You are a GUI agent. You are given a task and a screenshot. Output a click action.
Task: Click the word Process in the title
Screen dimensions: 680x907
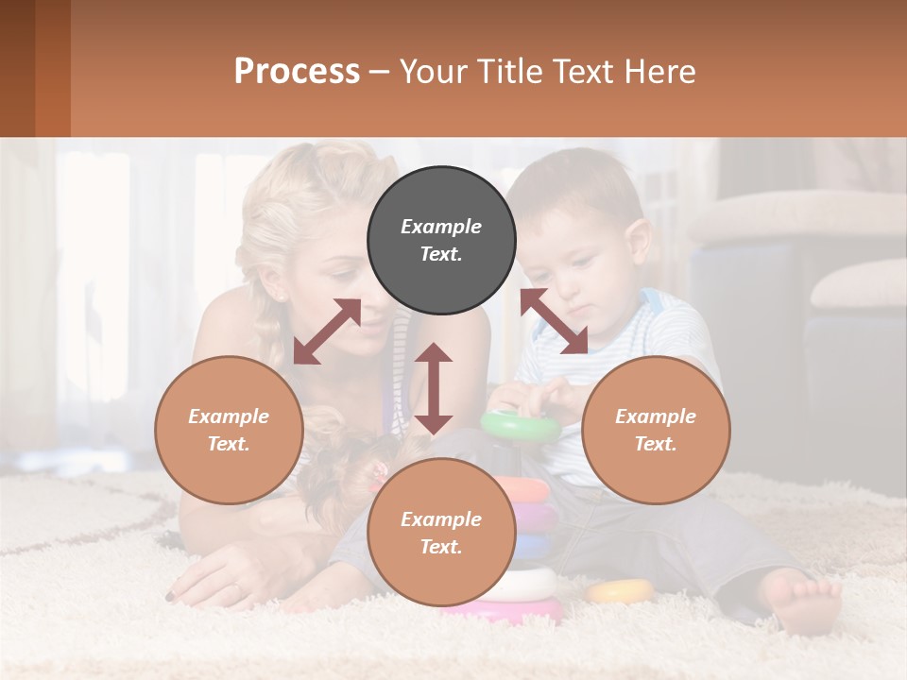(297, 71)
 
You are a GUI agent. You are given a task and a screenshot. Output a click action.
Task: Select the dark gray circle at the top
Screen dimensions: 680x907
(441, 240)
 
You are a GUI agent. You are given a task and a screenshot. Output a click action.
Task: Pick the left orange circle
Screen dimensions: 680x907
(229, 430)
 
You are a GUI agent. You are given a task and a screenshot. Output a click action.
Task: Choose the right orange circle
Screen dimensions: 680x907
(656, 430)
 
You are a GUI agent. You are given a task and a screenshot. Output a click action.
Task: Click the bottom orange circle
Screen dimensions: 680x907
(441, 532)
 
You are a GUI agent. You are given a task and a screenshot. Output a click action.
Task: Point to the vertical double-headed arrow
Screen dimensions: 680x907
(434, 388)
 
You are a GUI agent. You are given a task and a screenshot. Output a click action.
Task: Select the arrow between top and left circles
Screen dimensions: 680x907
(327, 331)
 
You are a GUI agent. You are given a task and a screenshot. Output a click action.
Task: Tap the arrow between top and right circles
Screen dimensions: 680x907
(554, 321)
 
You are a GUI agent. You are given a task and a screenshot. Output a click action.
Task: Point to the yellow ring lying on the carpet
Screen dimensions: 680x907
(620, 591)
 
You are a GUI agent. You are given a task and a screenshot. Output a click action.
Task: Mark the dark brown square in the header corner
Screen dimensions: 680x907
(17, 68)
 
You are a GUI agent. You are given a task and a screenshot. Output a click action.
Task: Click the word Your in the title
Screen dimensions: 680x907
(432, 71)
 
